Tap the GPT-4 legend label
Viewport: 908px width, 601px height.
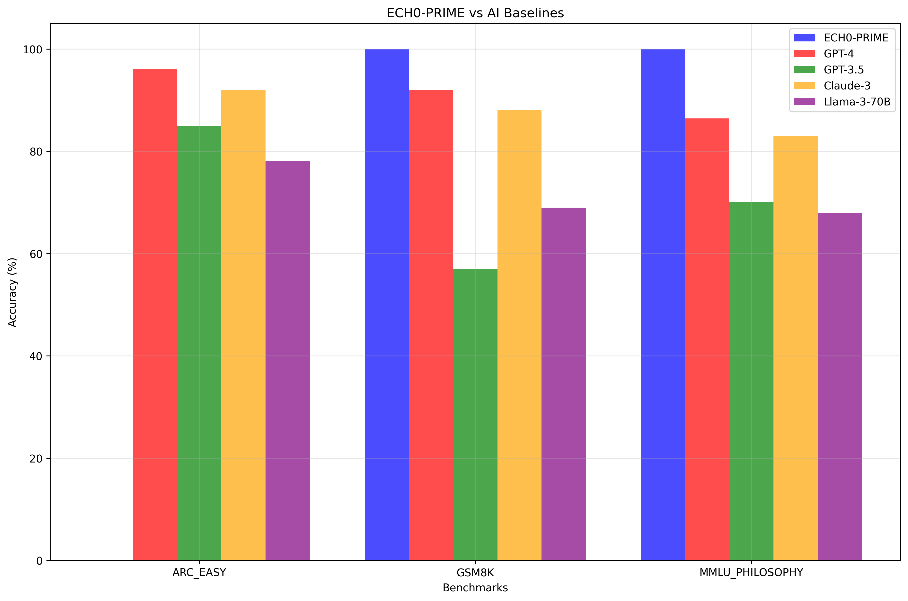click(839, 54)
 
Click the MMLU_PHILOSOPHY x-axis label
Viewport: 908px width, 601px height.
click(751, 573)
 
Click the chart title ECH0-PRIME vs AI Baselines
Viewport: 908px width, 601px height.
click(475, 13)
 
